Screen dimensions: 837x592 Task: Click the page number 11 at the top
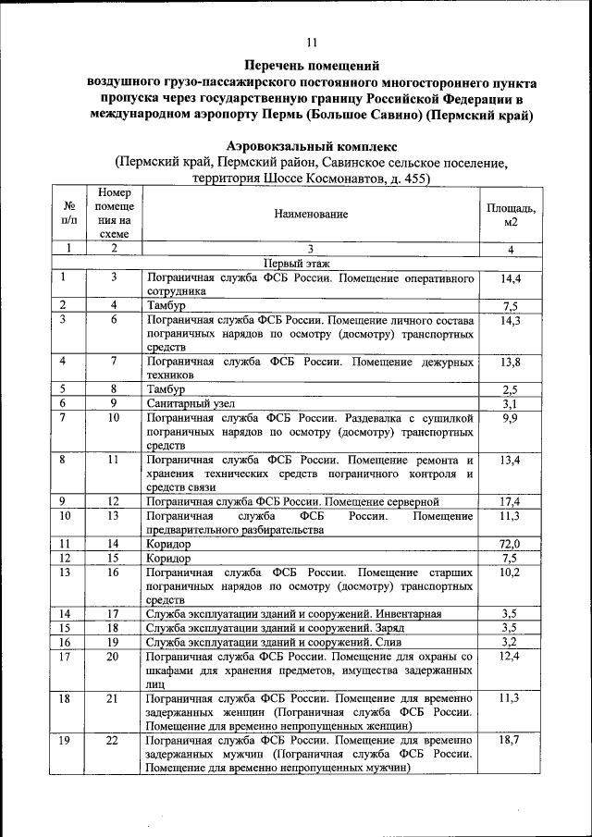(x=312, y=41)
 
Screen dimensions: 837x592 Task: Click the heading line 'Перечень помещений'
(x=312, y=66)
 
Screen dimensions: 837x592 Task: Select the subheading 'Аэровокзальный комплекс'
(x=312, y=146)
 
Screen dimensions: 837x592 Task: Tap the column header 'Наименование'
(x=311, y=214)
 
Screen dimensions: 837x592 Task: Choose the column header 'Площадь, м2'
(x=511, y=215)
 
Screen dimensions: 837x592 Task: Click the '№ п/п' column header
(x=68, y=214)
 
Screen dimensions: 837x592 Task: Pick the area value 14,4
(x=511, y=277)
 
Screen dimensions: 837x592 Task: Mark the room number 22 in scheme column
(x=113, y=742)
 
